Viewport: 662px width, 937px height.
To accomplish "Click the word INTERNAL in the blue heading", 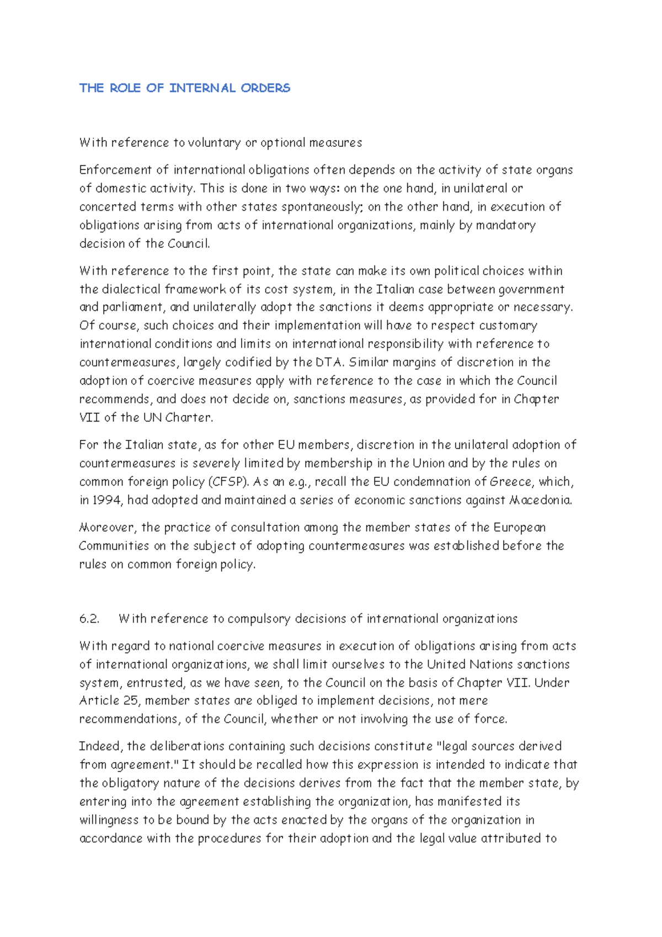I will click(202, 88).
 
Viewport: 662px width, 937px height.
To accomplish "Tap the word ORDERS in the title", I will click(265, 88).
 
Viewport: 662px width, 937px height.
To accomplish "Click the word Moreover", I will click(108, 528).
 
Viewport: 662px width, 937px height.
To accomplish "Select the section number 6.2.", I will click(89, 619).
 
